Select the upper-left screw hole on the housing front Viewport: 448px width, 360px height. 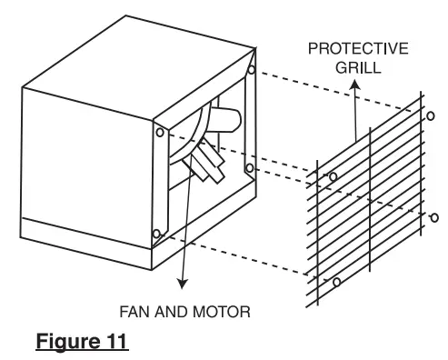[x=160, y=131]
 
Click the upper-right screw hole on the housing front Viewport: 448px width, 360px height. [x=249, y=69]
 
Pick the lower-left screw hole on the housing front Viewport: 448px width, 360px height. [x=156, y=235]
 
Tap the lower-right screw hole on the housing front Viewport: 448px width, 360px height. [x=248, y=167]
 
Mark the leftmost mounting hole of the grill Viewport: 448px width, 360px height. [x=332, y=175]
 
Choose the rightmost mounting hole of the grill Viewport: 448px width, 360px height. [x=433, y=216]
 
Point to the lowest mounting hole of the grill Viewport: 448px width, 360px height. [x=336, y=283]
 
